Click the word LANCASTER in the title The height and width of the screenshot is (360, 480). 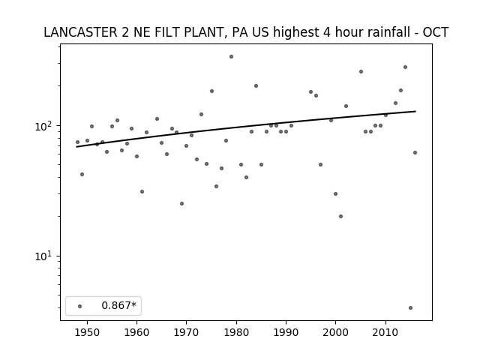[80, 32]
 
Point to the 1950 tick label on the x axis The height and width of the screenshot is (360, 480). [87, 332]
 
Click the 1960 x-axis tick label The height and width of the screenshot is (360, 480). [136, 332]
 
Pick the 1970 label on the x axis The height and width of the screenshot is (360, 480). [187, 332]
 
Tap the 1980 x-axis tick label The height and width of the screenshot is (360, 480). [236, 332]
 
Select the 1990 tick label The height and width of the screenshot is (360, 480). [286, 332]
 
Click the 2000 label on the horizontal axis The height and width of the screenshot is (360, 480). [335, 332]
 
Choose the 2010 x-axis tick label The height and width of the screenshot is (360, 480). [385, 332]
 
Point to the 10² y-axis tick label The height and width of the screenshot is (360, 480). [45, 126]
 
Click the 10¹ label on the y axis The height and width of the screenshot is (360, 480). [45, 256]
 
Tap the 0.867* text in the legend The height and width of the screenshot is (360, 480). [118, 305]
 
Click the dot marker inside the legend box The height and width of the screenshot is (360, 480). [80, 306]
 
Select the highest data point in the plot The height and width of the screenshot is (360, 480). [232, 57]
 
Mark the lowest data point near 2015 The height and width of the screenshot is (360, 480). [410, 308]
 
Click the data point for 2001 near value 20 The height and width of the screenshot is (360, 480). [340, 217]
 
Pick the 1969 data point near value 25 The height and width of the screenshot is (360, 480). [181, 203]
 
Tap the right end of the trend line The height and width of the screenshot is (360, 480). [415, 111]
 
